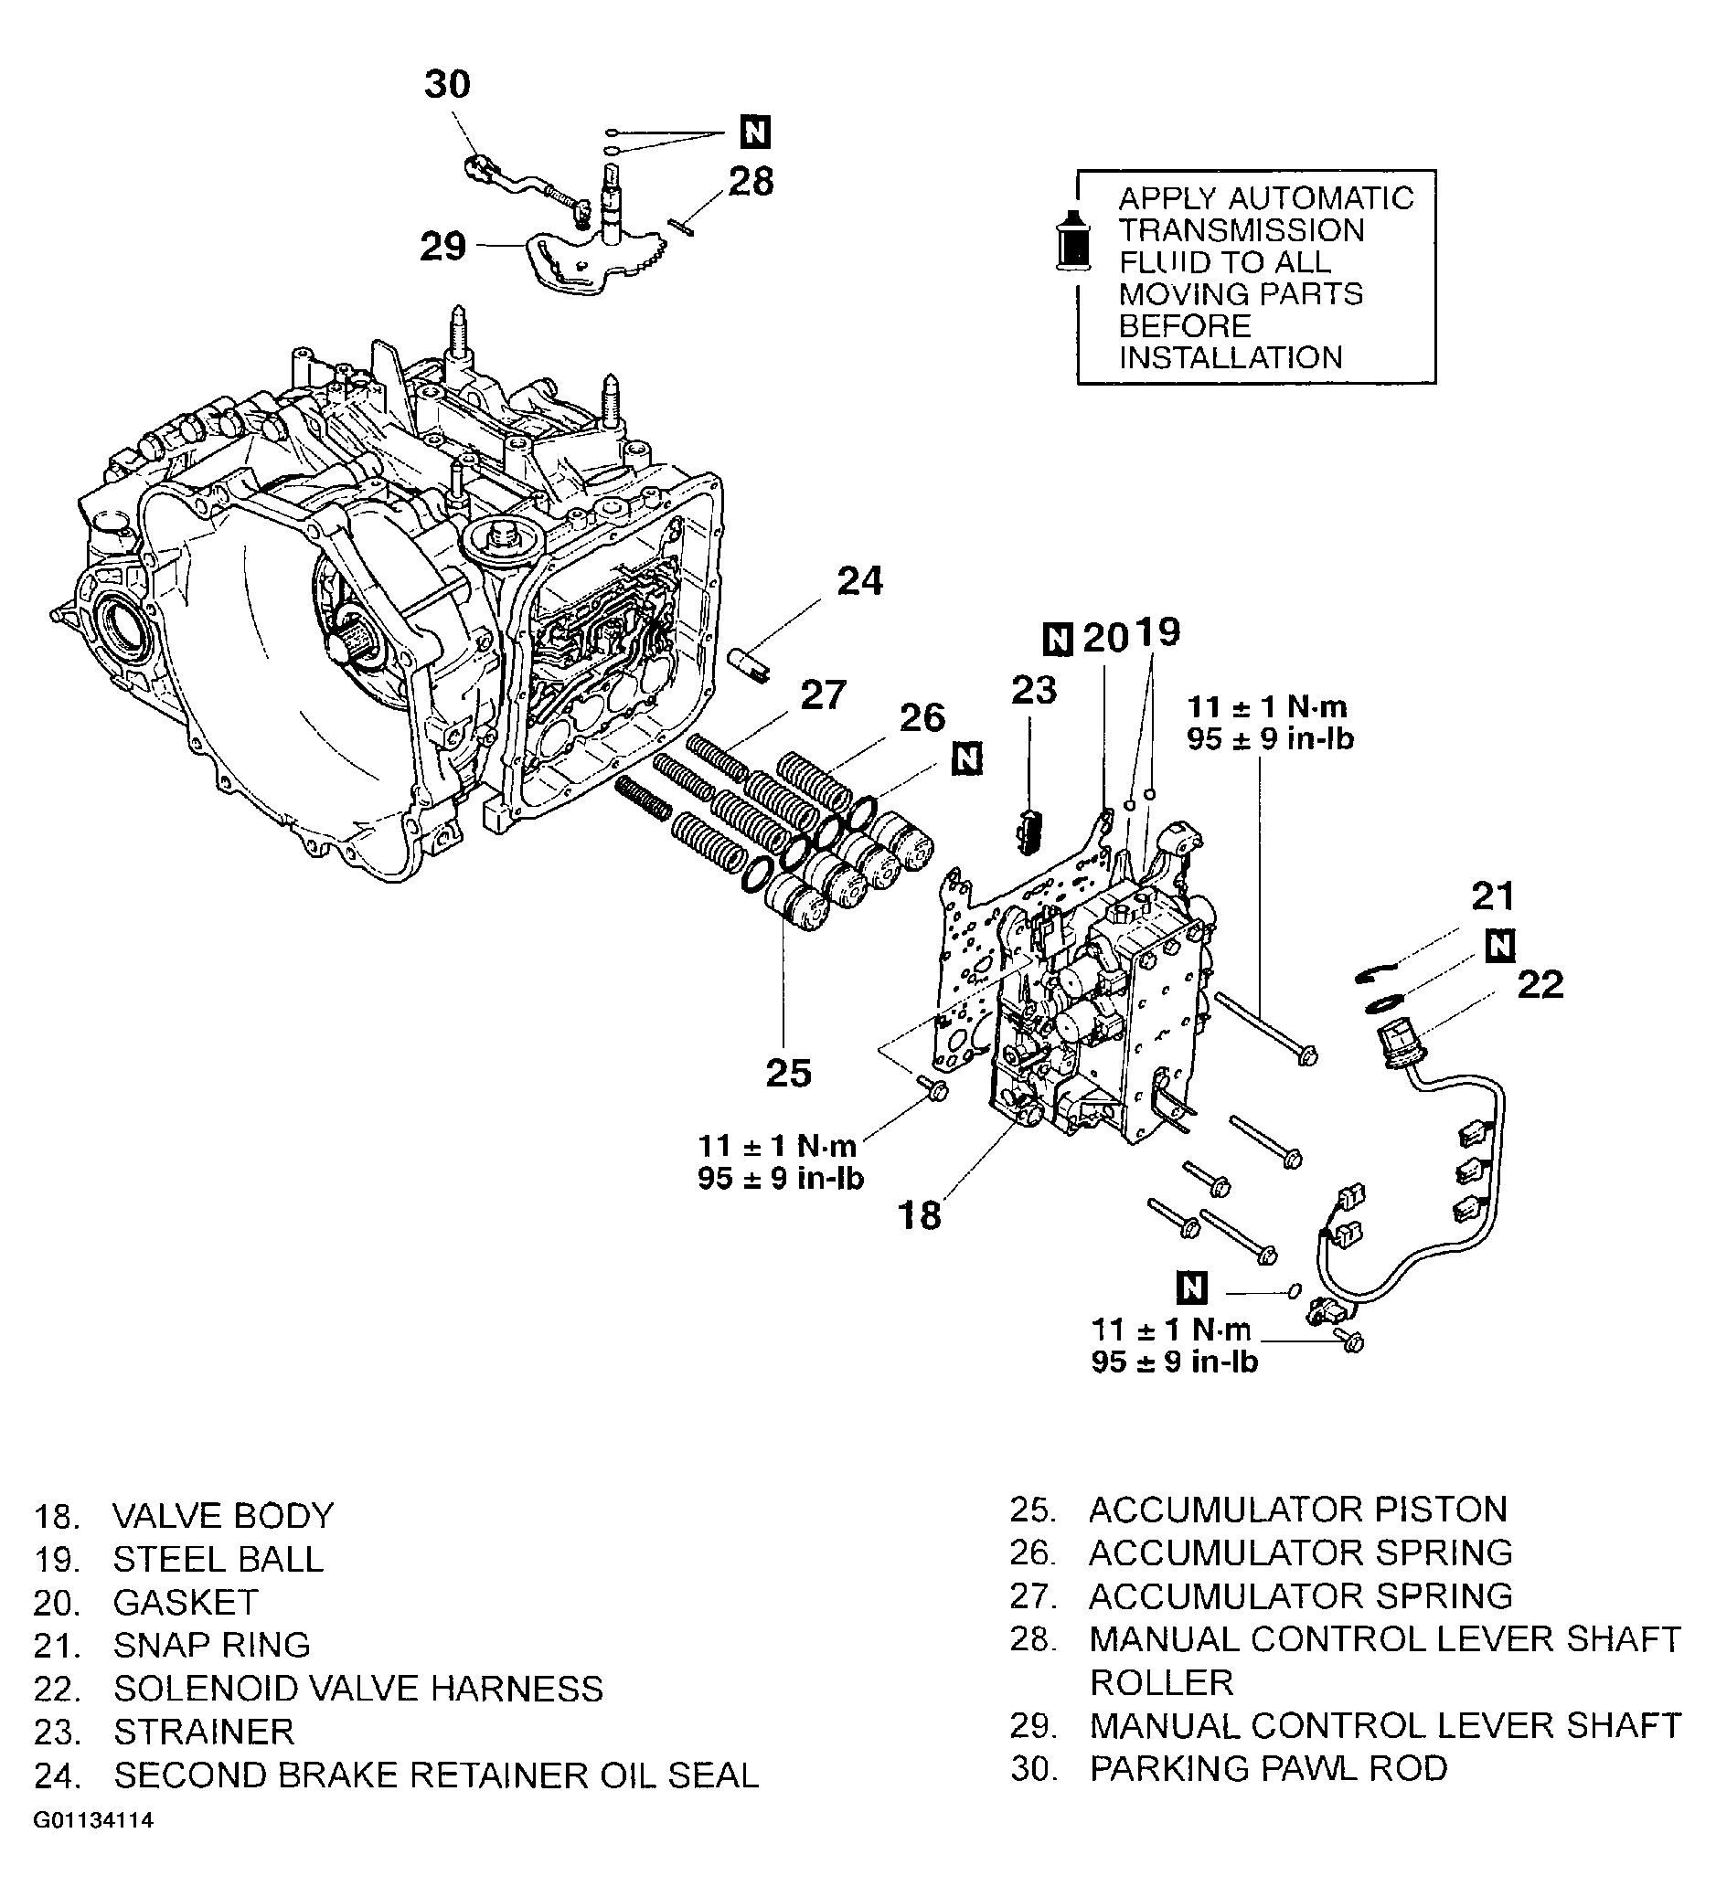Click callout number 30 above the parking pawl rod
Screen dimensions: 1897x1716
[x=446, y=85]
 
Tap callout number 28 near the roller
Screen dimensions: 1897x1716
[x=751, y=182]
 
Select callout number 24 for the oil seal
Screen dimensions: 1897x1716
[x=859, y=581]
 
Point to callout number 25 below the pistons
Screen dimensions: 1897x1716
[x=788, y=1073]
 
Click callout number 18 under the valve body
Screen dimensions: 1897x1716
[x=919, y=1214]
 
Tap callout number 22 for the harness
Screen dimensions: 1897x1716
[x=1540, y=985]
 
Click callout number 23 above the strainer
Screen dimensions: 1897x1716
[x=1034, y=691]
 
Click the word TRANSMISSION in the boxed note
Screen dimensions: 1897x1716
[x=1240, y=230]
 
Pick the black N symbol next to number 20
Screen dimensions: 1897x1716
[x=1058, y=640]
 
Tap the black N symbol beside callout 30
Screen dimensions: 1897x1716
[x=755, y=132]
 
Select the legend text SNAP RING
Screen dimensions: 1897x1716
[x=211, y=1644]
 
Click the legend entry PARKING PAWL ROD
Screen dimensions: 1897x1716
[x=1268, y=1768]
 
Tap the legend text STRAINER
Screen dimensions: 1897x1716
[x=203, y=1731]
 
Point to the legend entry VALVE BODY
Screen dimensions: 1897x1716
[x=223, y=1516]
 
